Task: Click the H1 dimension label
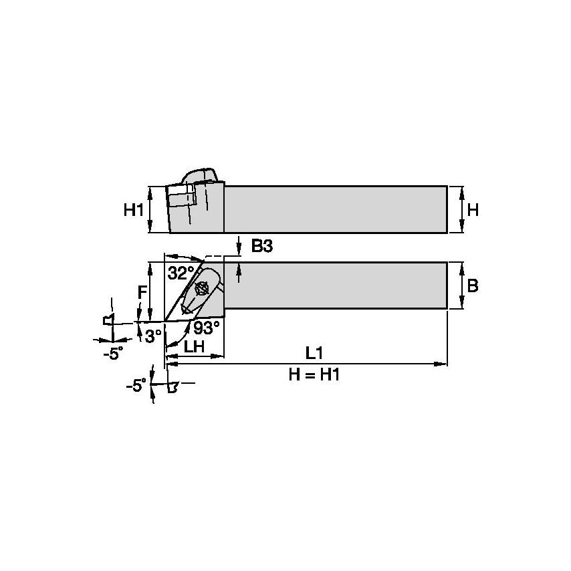tap(134, 210)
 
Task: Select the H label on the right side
tap(473, 210)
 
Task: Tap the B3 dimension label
tap(261, 247)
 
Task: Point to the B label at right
tap(472, 286)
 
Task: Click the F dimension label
tap(142, 292)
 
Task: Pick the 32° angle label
tap(181, 273)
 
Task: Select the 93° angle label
tap(207, 328)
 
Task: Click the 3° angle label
tap(153, 336)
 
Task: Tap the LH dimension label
tap(194, 347)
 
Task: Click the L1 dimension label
tap(314, 352)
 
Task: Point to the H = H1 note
tap(314, 375)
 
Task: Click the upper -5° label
tap(113, 354)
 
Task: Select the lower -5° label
tap(136, 385)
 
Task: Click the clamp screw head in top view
tap(201, 289)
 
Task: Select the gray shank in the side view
tap(334, 209)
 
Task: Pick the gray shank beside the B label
tap(334, 285)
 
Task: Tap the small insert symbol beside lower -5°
tap(173, 386)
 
